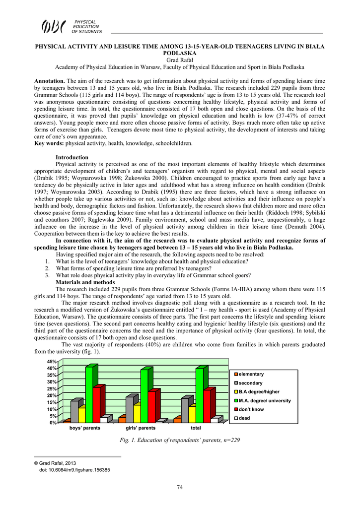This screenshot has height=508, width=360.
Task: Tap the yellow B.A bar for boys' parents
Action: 82,415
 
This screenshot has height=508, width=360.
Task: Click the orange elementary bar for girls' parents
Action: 122,420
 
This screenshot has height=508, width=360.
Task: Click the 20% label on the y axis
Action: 53,395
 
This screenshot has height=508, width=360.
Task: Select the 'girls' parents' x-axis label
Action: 141,428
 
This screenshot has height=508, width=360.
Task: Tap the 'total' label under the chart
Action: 196,428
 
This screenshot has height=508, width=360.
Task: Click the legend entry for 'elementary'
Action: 251,374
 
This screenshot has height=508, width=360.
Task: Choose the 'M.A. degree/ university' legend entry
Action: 264,401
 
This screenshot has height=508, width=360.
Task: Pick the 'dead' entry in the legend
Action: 244,419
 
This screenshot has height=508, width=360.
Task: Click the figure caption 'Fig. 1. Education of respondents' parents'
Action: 180,440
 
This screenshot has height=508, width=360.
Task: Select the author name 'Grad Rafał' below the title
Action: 180,60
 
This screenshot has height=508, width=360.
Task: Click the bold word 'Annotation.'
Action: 50,80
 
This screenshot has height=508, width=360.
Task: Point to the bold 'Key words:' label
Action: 49,143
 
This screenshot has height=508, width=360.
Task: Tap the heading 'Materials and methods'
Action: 84,282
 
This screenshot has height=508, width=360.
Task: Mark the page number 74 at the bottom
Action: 180,487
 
